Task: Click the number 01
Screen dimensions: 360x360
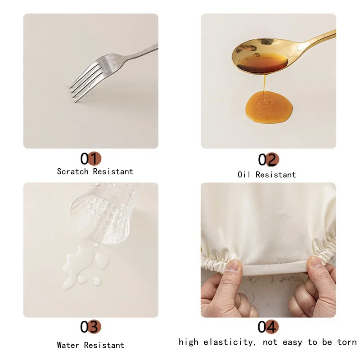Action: tap(90, 158)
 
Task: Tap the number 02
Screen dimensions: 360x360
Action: tap(269, 160)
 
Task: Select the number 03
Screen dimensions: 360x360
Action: tap(90, 326)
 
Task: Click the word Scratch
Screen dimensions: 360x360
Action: tap(73, 171)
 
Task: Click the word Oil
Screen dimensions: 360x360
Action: tap(244, 175)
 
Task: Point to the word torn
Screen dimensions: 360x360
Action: tap(347, 342)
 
